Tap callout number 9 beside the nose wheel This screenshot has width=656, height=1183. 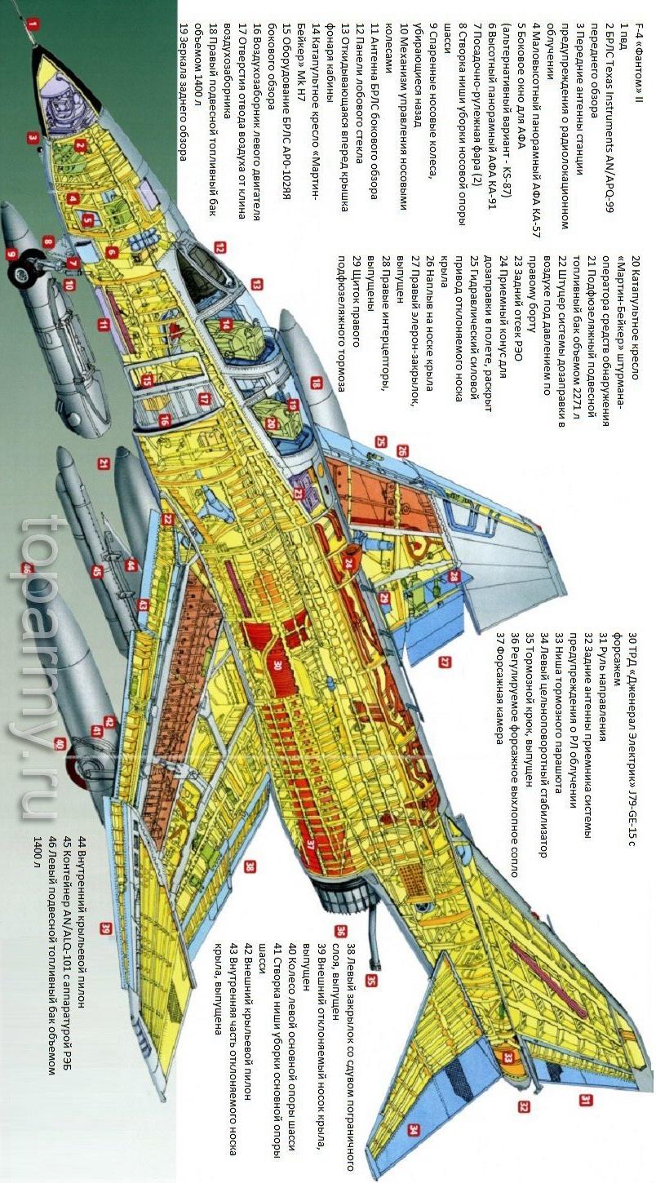(12, 254)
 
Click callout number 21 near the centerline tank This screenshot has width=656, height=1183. (104, 463)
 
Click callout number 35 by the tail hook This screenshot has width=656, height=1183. (372, 980)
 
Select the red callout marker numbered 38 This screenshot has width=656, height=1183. (250, 866)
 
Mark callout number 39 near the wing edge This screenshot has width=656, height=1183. (105, 928)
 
